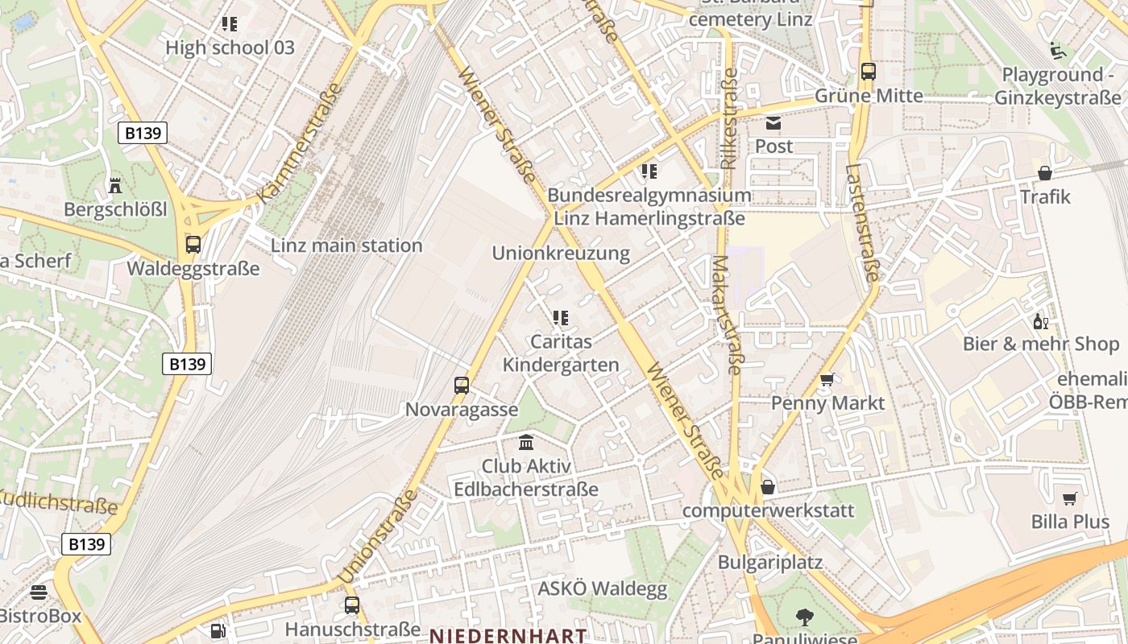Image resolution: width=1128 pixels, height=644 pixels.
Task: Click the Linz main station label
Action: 346,246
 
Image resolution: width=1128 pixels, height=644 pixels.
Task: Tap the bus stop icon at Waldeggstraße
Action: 193,244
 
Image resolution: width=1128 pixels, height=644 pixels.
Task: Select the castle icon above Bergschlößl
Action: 115,185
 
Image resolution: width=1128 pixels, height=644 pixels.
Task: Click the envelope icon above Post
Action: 773,123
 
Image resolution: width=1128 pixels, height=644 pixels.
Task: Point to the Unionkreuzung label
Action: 561,253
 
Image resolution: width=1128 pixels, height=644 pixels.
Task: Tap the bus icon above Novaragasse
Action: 462,385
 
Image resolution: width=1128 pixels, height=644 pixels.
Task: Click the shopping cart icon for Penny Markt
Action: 827,379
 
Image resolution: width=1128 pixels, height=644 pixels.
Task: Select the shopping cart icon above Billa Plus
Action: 1069,498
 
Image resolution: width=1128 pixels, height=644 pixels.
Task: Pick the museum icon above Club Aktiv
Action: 526,442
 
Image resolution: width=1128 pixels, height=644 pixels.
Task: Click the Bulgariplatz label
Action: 769,562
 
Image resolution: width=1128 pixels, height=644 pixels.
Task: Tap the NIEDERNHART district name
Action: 508,636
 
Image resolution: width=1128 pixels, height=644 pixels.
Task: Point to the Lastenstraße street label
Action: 861,223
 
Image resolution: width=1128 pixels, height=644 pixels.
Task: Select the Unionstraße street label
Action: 377,535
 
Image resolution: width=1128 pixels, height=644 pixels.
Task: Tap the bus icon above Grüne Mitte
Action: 868,71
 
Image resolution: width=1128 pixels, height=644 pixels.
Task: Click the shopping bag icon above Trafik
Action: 1045,173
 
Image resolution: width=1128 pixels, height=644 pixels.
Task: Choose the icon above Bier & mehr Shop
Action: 1040,322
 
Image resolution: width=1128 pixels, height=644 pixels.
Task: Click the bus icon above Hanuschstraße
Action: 352,605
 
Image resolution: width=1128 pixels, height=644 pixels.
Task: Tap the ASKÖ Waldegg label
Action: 603,589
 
